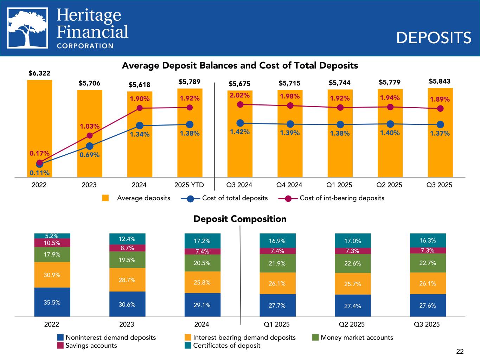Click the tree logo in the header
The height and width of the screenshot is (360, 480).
click(28, 28)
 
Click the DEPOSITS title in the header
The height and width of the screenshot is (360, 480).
click(433, 38)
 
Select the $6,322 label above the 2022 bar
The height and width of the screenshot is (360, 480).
click(39, 73)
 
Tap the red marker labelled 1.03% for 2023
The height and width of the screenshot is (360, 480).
click(90, 136)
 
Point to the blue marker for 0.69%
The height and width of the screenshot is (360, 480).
click(90, 146)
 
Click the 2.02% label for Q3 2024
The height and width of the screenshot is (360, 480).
click(239, 95)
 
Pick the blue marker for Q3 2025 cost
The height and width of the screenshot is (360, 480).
click(440, 124)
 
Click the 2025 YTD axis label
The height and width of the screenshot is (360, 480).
click(189, 185)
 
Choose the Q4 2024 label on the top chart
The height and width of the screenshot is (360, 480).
click(289, 185)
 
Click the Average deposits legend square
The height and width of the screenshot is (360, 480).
click(105, 198)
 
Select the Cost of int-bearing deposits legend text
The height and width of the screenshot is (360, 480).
click(341, 198)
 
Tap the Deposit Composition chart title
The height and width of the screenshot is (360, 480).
click(240, 219)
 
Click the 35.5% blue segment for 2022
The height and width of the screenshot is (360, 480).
click(52, 302)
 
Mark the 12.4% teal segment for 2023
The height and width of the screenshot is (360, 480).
click(127, 239)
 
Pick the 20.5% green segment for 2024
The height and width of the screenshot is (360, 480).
click(202, 263)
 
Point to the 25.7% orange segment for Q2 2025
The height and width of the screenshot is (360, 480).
click(352, 284)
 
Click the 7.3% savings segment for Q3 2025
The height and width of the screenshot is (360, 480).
click(428, 250)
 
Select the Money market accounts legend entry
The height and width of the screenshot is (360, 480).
click(357, 337)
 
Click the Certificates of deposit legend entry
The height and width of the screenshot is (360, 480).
click(226, 346)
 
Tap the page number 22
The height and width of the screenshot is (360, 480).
click(460, 351)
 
